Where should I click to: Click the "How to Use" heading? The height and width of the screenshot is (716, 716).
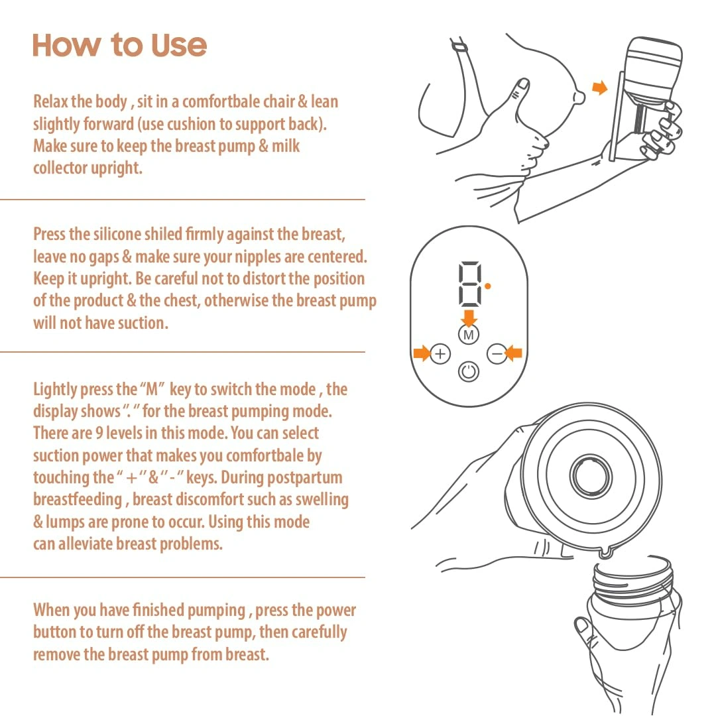(119, 45)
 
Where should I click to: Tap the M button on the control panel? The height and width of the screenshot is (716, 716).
(469, 335)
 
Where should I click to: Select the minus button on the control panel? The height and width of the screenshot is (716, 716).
(497, 353)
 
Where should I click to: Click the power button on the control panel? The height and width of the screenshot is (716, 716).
(469, 372)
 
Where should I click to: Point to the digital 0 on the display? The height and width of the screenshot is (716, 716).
(470, 284)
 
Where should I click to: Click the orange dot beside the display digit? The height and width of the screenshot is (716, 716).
(488, 286)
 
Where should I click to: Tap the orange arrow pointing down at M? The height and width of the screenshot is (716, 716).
(469, 318)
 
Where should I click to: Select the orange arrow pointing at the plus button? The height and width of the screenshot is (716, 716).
(422, 353)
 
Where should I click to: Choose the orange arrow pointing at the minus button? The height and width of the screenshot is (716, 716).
(514, 353)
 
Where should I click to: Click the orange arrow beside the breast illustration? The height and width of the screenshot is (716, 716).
(600, 88)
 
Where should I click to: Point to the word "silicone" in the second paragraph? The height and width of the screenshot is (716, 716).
(117, 234)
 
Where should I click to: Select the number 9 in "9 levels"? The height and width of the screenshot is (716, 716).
(99, 433)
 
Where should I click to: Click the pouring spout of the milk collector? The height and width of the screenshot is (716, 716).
(605, 553)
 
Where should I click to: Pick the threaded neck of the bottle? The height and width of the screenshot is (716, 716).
(634, 579)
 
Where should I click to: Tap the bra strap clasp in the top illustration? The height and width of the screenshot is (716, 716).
(460, 46)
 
